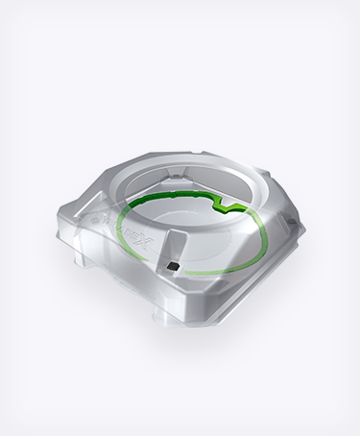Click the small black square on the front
pos(173,263)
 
